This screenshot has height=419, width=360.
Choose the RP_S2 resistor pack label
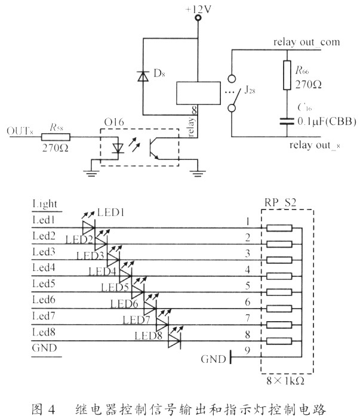coord(281,204)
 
